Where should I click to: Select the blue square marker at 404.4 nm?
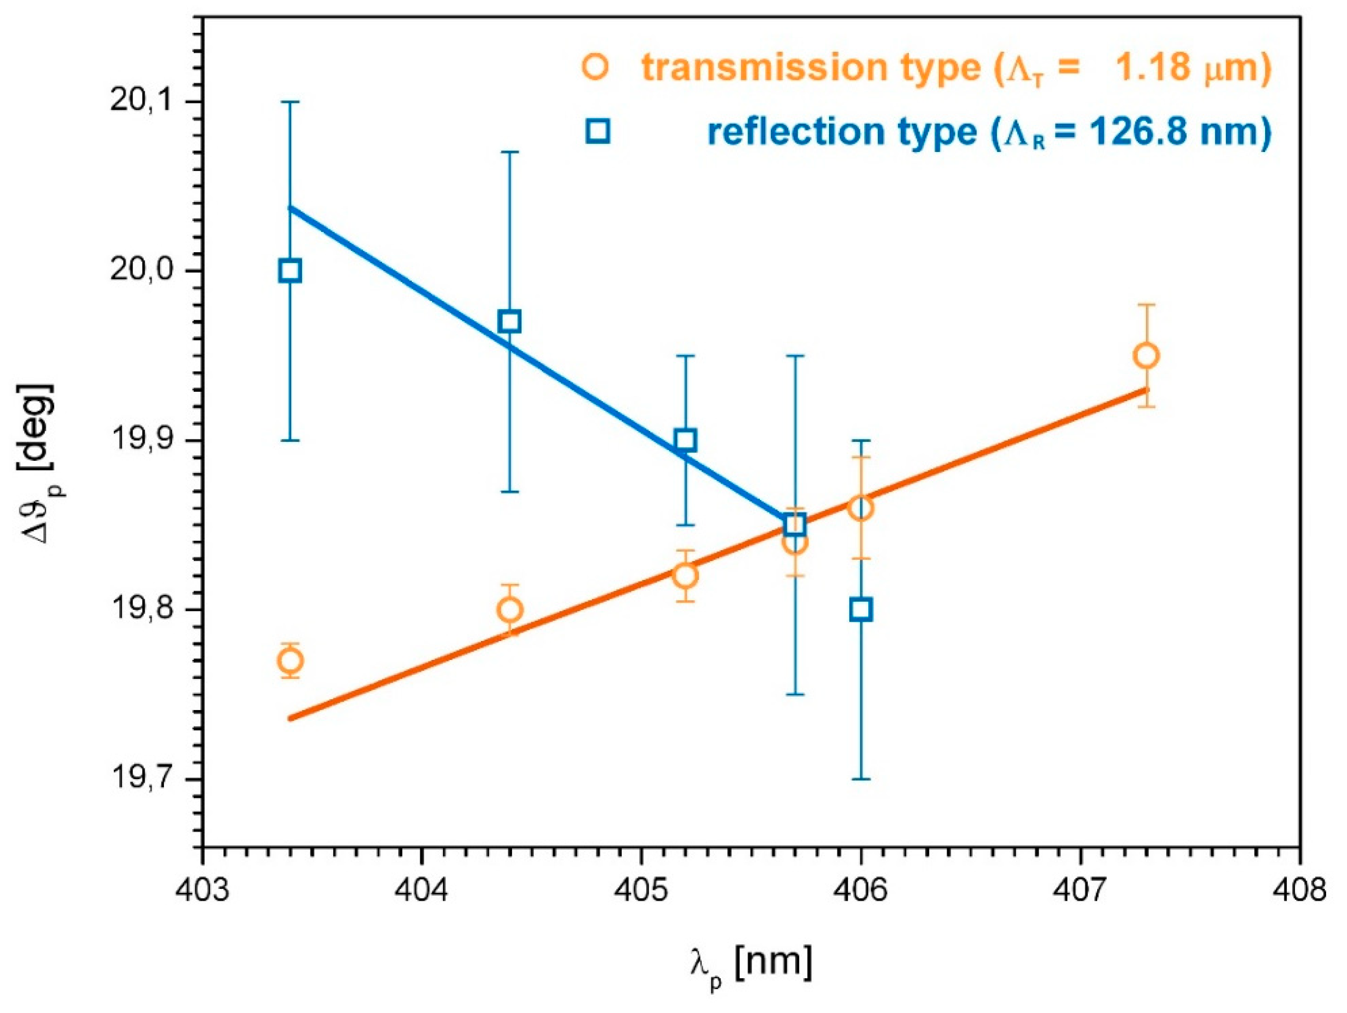pyautogui.click(x=510, y=321)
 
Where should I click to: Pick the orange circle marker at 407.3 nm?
pyautogui.click(x=1147, y=356)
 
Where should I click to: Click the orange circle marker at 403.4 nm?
pyautogui.click(x=290, y=660)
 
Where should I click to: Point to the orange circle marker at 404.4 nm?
pyautogui.click(x=510, y=609)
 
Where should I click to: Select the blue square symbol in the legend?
pyautogui.click(x=598, y=132)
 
